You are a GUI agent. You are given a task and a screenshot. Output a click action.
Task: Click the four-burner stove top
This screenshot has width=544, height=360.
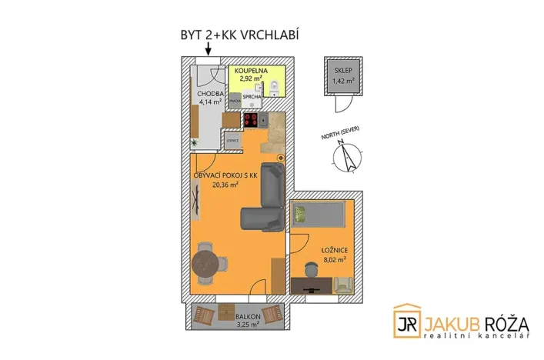tap(251, 120)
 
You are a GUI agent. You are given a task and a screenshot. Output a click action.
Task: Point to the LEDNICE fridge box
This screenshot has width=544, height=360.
tap(232, 141)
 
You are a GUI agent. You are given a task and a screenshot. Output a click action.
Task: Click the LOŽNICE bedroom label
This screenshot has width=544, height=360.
tap(332, 249)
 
